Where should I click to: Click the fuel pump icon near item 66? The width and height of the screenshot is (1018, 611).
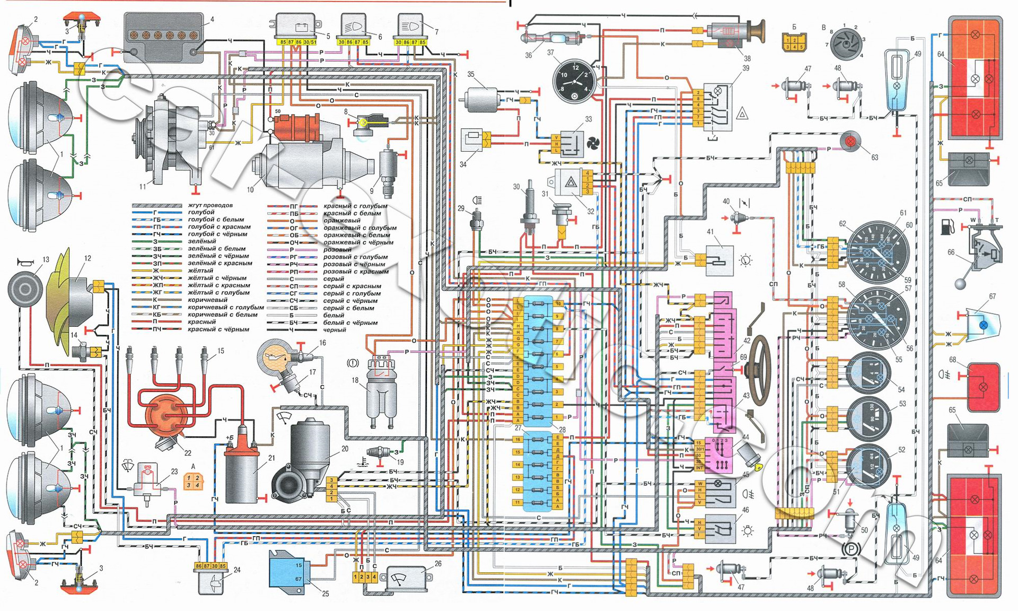coord(948,227)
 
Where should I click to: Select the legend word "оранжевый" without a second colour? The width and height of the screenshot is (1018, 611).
coord(341,220)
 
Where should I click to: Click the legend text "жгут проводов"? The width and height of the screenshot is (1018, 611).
coord(210,205)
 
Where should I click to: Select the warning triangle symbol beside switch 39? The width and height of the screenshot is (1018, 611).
coord(742,113)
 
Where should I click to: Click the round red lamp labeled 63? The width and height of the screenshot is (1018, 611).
coord(850,142)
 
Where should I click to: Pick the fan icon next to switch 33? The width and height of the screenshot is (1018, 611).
coord(593,143)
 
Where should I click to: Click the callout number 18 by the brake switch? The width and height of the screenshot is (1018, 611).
coord(355,380)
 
